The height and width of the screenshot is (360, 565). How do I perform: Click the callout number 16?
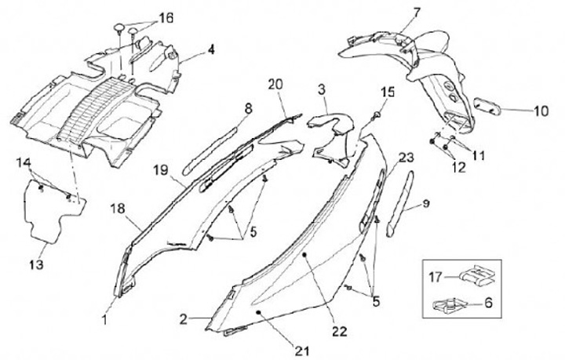click(x=166, y=17)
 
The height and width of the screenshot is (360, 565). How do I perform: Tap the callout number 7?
click(x=417, y=12)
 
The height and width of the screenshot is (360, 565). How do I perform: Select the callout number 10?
click(x=541, y=111)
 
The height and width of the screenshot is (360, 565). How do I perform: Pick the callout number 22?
click(x=339, y=331)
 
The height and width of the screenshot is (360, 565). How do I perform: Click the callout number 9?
click(x=425, y=204)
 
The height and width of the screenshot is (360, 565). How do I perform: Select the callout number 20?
click(x=275, y=84)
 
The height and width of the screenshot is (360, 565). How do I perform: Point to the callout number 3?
click(x=323, y=90)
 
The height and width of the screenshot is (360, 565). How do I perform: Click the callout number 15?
click(x=385, y=93)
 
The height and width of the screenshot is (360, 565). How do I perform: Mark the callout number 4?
click(x=211, y=49)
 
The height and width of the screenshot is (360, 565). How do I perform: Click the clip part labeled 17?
click(x=473, y=276)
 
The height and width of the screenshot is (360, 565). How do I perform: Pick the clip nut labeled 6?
click(x=450, y=300)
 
